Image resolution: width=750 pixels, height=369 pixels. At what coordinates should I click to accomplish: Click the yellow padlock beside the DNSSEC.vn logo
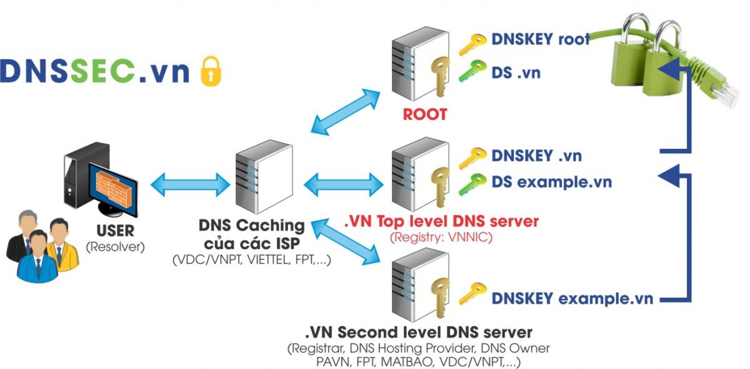pos(210,71)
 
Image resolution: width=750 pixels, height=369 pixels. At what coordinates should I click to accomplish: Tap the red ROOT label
pos(424,114)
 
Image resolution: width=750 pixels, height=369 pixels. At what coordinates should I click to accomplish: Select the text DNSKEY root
pos(540,39)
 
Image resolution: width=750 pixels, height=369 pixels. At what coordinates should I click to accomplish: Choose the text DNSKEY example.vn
pos(572,298)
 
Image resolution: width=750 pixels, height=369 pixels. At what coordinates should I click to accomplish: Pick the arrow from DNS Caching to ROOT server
pos(346,111)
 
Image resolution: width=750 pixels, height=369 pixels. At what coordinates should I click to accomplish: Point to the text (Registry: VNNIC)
pos(441,237)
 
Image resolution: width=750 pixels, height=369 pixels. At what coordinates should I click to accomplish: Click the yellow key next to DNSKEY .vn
pos(472,157)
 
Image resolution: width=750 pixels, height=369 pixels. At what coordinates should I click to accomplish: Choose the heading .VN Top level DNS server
pos(441,221)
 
